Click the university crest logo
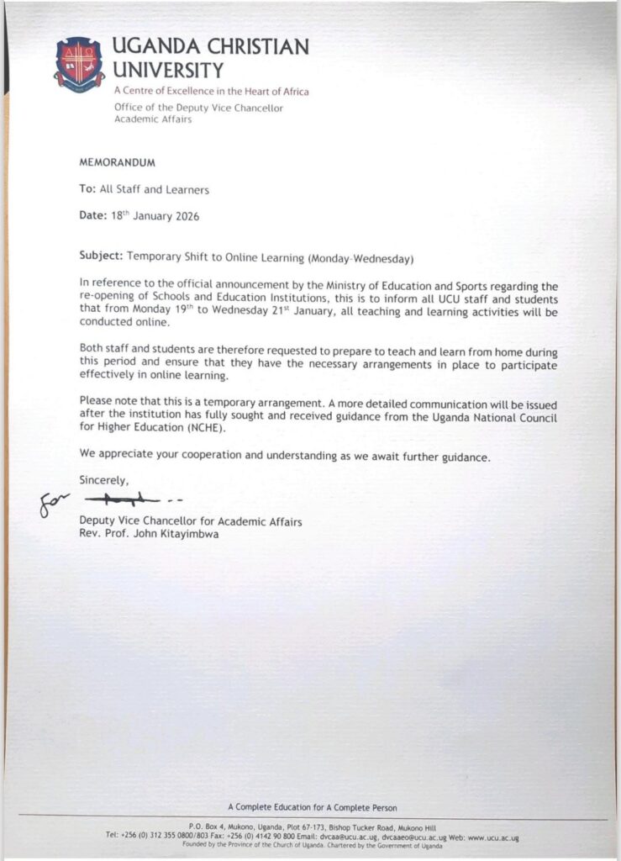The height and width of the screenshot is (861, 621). [80, 63]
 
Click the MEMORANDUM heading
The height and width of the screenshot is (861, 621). [118, 161]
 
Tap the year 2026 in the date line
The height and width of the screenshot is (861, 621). [184, 216]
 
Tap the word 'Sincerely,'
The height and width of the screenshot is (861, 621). [104, 480]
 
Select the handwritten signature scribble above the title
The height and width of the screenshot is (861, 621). [126, 502]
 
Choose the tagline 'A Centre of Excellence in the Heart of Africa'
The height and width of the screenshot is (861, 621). [211, 91]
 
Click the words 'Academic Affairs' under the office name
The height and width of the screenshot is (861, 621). [152, 119]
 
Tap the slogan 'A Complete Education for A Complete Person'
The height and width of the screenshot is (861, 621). [313, 808]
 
